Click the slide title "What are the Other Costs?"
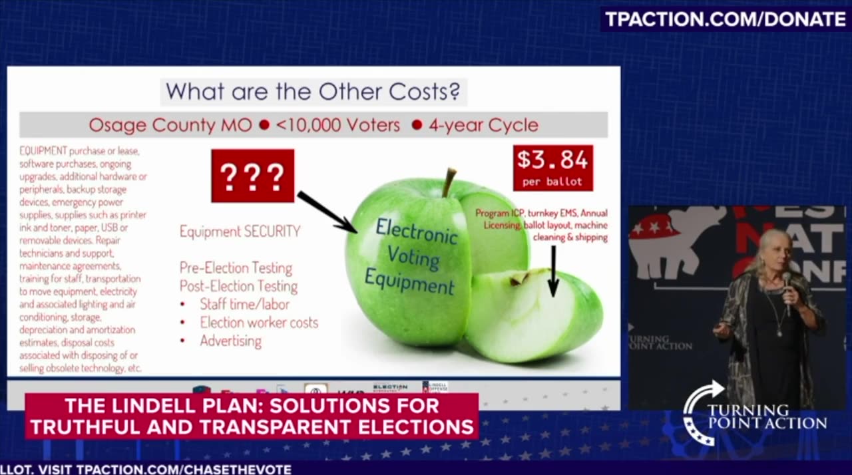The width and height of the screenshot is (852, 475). pyautogui.click(x=313, y=91)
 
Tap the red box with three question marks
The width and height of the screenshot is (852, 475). pyautogui.click(x=252, y=176)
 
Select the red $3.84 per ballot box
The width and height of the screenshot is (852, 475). pyautogui.click(x=552, y=167)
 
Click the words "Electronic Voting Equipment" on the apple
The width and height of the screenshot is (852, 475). pyautogui.click(x=413, y=257)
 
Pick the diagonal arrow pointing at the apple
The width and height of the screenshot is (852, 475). pyautogui.click(x=326, y=212)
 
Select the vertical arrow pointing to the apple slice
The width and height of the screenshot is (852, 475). pyautogui.click(x=552, y=270)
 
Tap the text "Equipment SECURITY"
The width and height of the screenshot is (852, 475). pyautogui.click(x=240, y=232)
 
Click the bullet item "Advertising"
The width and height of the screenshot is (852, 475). pyautogui.click(x=230, y=341)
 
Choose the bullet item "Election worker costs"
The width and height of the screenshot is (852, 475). pyautogui.click(x=259, y=323)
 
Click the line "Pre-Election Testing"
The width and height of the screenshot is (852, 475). pyautogui.click(x=236, y=268)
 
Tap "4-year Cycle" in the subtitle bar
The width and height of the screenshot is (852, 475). pyautogui.click(x=483, y=125)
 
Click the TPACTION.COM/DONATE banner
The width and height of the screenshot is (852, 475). pyautogui.click(x=725, y=19)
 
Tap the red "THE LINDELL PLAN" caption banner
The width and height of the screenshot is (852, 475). pyautogui.click(x=252, y=416)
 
